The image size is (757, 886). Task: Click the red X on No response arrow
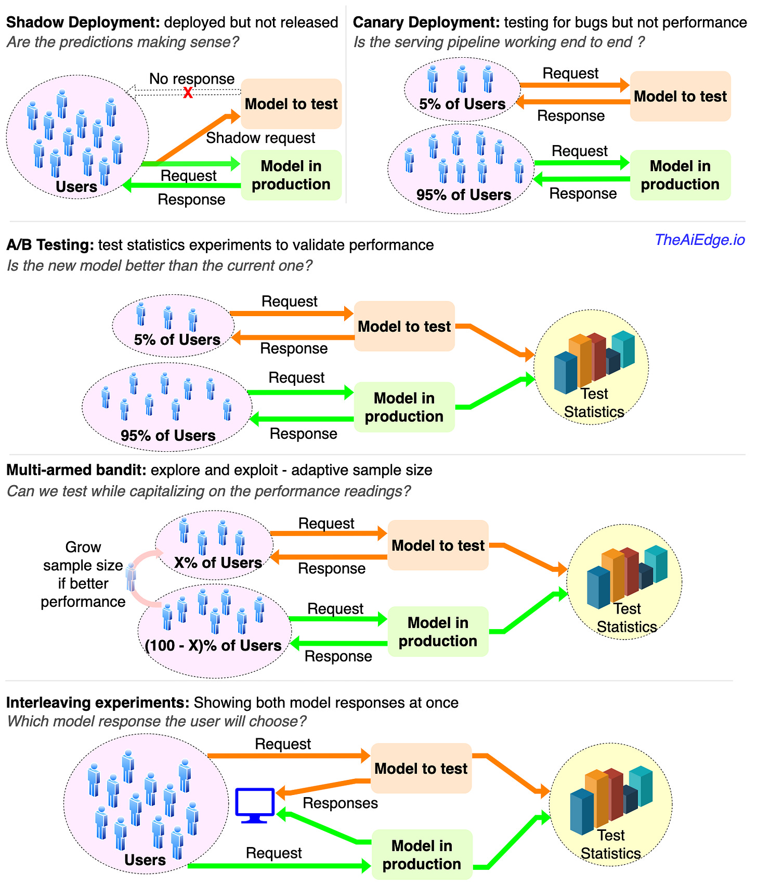coord(188,93)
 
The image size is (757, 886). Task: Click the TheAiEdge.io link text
coord(699,240)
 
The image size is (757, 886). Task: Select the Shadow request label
coord(260,138)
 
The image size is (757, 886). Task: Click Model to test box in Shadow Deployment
coord(291,104)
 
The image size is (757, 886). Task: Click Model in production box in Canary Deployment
coord(680,175)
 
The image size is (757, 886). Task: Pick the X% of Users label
coord(218,563)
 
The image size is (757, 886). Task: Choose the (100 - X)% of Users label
coord(213,645)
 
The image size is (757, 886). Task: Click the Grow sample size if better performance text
coord(83,575)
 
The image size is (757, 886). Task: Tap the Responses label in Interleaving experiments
coord(340,803)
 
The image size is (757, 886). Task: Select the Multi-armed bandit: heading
coord(76,470)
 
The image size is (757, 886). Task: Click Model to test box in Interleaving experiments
coord(421,768)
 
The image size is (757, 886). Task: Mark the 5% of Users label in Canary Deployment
coord(462,104)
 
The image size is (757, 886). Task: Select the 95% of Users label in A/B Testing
coord(168,435)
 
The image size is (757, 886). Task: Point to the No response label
coord(192,79)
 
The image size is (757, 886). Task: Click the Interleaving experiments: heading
coord(98,702)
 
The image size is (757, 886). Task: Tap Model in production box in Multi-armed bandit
coord(438,631)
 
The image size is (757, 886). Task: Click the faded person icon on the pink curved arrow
coord(131,578)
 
